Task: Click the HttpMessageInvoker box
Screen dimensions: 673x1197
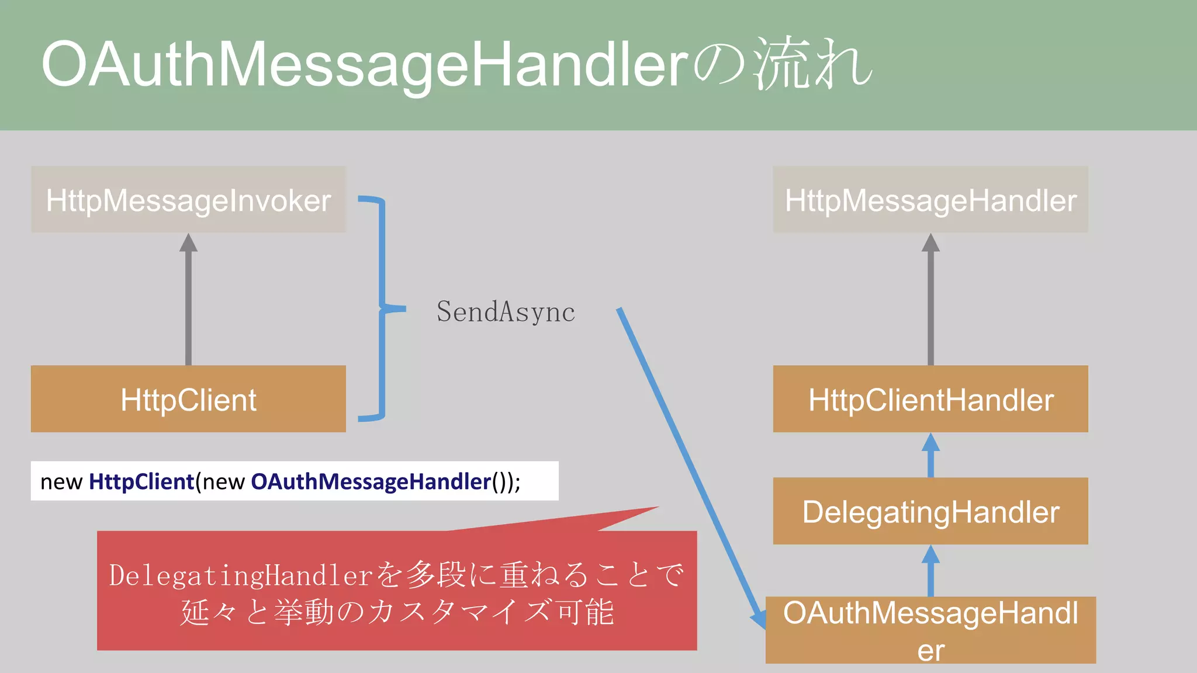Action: (x=188, y=200)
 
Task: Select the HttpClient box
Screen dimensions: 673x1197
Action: (x=188, y=400)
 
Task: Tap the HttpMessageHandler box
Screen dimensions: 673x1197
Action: (x=930, y=200)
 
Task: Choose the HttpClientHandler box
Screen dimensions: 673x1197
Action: (x=930, y=400)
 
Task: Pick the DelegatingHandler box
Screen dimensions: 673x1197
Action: (x=930, y=512)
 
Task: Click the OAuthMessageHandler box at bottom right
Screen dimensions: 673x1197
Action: (x=930, y=630)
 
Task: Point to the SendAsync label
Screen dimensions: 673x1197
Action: (x=506, y=312)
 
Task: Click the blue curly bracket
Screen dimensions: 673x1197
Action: (x=382, y=308)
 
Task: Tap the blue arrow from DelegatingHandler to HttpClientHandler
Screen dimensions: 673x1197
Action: (x=930, y=456)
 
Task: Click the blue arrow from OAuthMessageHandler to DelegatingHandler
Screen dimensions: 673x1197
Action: (x=930, y=571)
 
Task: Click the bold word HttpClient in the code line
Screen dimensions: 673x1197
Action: (x=141, y=482)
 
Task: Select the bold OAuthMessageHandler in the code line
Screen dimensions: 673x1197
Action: (x=371, y=482)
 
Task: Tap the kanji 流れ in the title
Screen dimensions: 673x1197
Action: (x=812, y=64)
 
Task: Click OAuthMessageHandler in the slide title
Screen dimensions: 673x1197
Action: (x=365, y=64)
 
